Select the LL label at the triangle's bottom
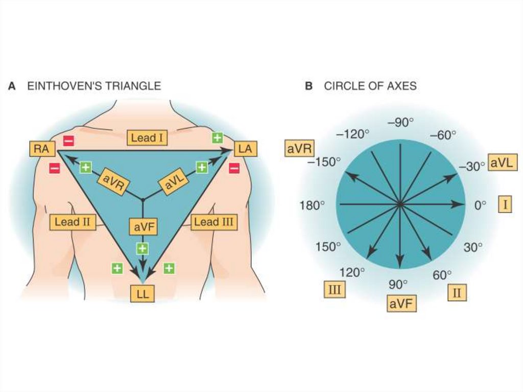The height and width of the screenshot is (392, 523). point(142,295)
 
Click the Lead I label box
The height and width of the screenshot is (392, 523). point(148,137)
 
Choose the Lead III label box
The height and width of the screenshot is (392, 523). point(213,222)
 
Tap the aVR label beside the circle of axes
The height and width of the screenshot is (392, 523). point(300,149)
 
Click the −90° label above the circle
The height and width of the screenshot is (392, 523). point(400,123)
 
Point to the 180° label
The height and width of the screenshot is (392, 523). point(312,205)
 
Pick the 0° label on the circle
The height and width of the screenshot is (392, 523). point(481,205)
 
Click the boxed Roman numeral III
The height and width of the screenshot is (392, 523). point(335,291)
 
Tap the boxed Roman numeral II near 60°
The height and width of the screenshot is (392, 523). point(457,293)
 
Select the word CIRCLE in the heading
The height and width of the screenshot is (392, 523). point(344,86)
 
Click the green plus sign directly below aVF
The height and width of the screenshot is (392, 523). point(142,249)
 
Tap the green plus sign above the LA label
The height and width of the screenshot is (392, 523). point(218,137)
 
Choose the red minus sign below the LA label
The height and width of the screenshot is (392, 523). point(234,167)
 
